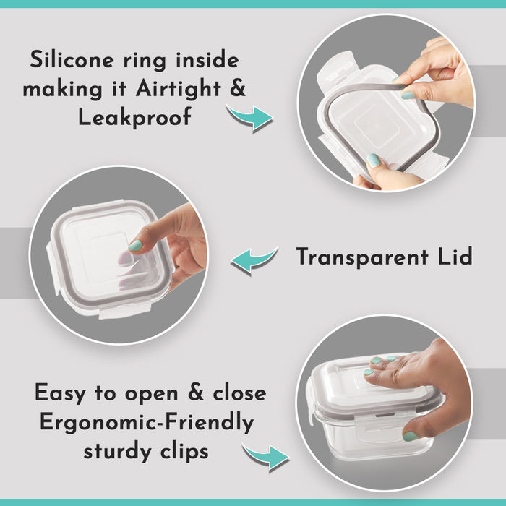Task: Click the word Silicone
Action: point(72,59)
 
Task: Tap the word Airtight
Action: point(179,88)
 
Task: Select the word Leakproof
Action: point(135,117)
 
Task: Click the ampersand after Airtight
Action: point(238,87)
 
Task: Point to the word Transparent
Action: point(361,257)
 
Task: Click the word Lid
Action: point(455,256)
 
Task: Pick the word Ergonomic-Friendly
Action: point(147,423)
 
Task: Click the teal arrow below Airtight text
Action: point(249,117)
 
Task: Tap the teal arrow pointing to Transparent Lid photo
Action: point(254,260)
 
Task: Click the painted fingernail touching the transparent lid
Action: point(135,246)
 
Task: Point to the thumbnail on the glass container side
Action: point(411,437)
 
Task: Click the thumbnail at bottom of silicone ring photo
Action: point(374,160)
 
